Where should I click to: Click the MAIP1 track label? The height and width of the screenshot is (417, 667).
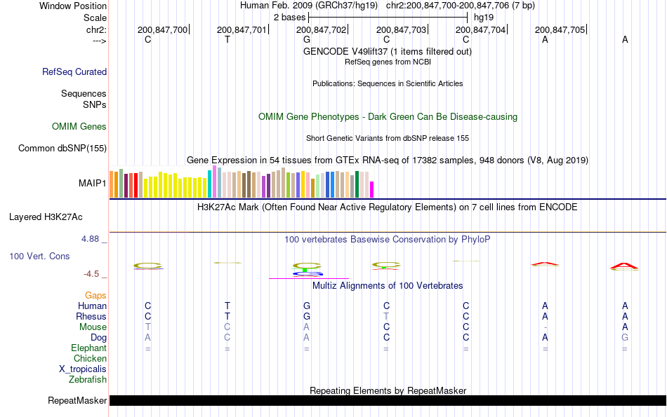[93, 184]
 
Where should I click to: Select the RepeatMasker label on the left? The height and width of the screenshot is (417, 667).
[77, 401]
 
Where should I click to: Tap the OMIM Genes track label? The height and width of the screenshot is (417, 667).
[79, 127]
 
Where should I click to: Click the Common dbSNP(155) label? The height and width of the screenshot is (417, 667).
[62, 148]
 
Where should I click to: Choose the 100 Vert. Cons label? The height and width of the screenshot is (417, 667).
[39, 257]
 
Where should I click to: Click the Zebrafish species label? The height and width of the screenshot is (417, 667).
[88, 380]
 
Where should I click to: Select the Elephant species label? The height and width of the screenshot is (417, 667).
[88, 348]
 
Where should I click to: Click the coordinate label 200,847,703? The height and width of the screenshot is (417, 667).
[401, 30]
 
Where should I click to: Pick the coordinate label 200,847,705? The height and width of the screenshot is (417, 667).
[560, 30]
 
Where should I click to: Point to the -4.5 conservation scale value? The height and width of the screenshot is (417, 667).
[91, 274]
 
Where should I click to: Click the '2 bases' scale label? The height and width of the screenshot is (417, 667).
[289, 16]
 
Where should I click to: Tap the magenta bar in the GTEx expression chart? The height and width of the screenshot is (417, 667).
[372, 190]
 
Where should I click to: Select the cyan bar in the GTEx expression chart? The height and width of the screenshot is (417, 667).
[210, 184]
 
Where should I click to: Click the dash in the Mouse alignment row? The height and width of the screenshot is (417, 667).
[545, 327]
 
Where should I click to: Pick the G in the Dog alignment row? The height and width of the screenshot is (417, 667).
[625, 338]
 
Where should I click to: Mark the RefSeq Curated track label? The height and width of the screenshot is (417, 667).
[74, 71]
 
